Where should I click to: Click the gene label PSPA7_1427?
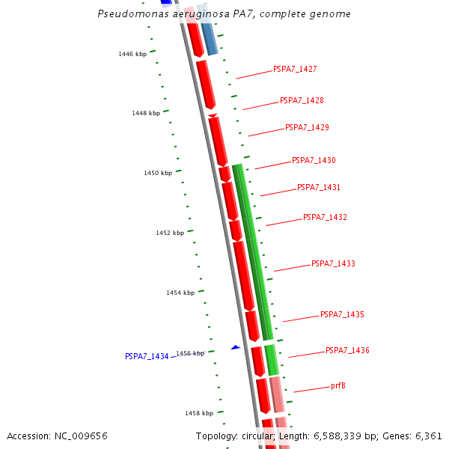point(295,69)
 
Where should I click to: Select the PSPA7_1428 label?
point(302,100)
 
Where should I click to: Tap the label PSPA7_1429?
point(307,127)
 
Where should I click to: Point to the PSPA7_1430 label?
point(314,160)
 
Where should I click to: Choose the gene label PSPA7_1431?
point(319,187)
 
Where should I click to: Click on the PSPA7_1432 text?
point(325,217)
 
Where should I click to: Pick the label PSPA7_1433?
point(333,263)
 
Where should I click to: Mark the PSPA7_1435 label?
point(342,314)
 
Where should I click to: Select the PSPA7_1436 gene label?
point(347,350)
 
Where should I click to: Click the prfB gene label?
point(338,386)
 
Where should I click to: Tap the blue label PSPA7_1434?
point(147,356)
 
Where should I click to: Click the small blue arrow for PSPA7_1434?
point(236,347)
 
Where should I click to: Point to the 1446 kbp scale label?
point(132,54)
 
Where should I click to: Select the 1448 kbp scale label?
point(146,113)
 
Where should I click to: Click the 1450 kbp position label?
point(158,173)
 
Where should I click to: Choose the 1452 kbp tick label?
point(170,233)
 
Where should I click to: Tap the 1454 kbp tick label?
point(180,293)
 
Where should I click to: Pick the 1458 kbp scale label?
point(199,412)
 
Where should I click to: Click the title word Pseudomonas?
point(126,14)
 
